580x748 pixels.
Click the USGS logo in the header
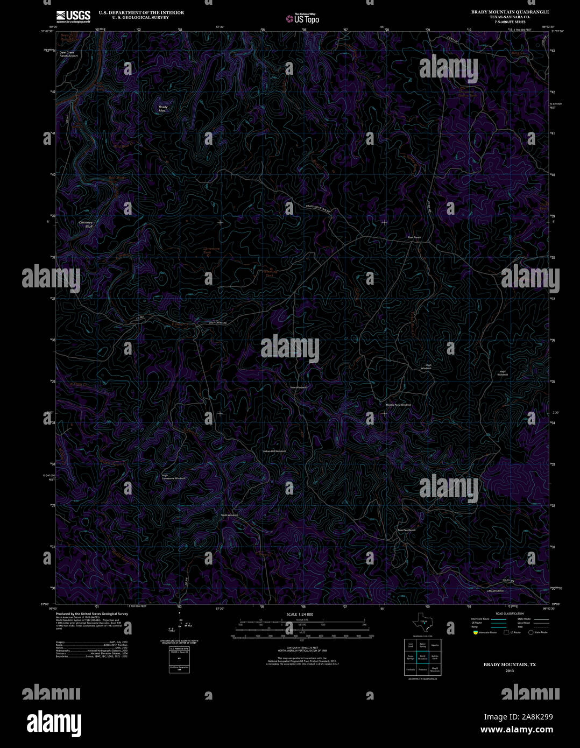click(x=73, y=16)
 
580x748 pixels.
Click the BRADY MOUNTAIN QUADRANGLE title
click(x=510, y=12)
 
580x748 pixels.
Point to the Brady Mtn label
click(x=163, y=109)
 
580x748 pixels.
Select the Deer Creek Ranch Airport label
click(x=68, y=54)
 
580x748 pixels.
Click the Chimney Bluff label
click(x=86, y=224)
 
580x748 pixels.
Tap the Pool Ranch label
click(x=414, y=237)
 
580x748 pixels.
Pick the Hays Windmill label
click(x=503, y=373)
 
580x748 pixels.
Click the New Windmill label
click(x=299, y=387)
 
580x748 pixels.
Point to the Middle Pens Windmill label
click(x=398, y=405)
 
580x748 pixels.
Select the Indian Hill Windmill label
click(x=274, y=451)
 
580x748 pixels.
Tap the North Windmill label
click(x=230, y=515)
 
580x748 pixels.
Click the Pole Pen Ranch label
click(x=407, y=530)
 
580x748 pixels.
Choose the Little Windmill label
click(x=495, y=591)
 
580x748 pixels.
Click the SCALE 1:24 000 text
click(x=300, y=614)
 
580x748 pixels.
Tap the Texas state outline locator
click(x=422, y=622)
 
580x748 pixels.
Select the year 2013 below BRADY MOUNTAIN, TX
click(x=510, y=671)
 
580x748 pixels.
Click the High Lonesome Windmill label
click(x=173, y=477)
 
